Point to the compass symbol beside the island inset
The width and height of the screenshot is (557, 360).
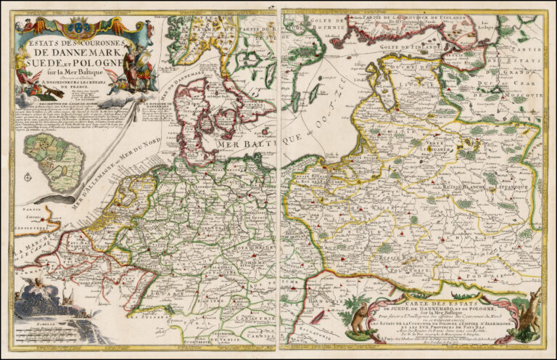(28, 176)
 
